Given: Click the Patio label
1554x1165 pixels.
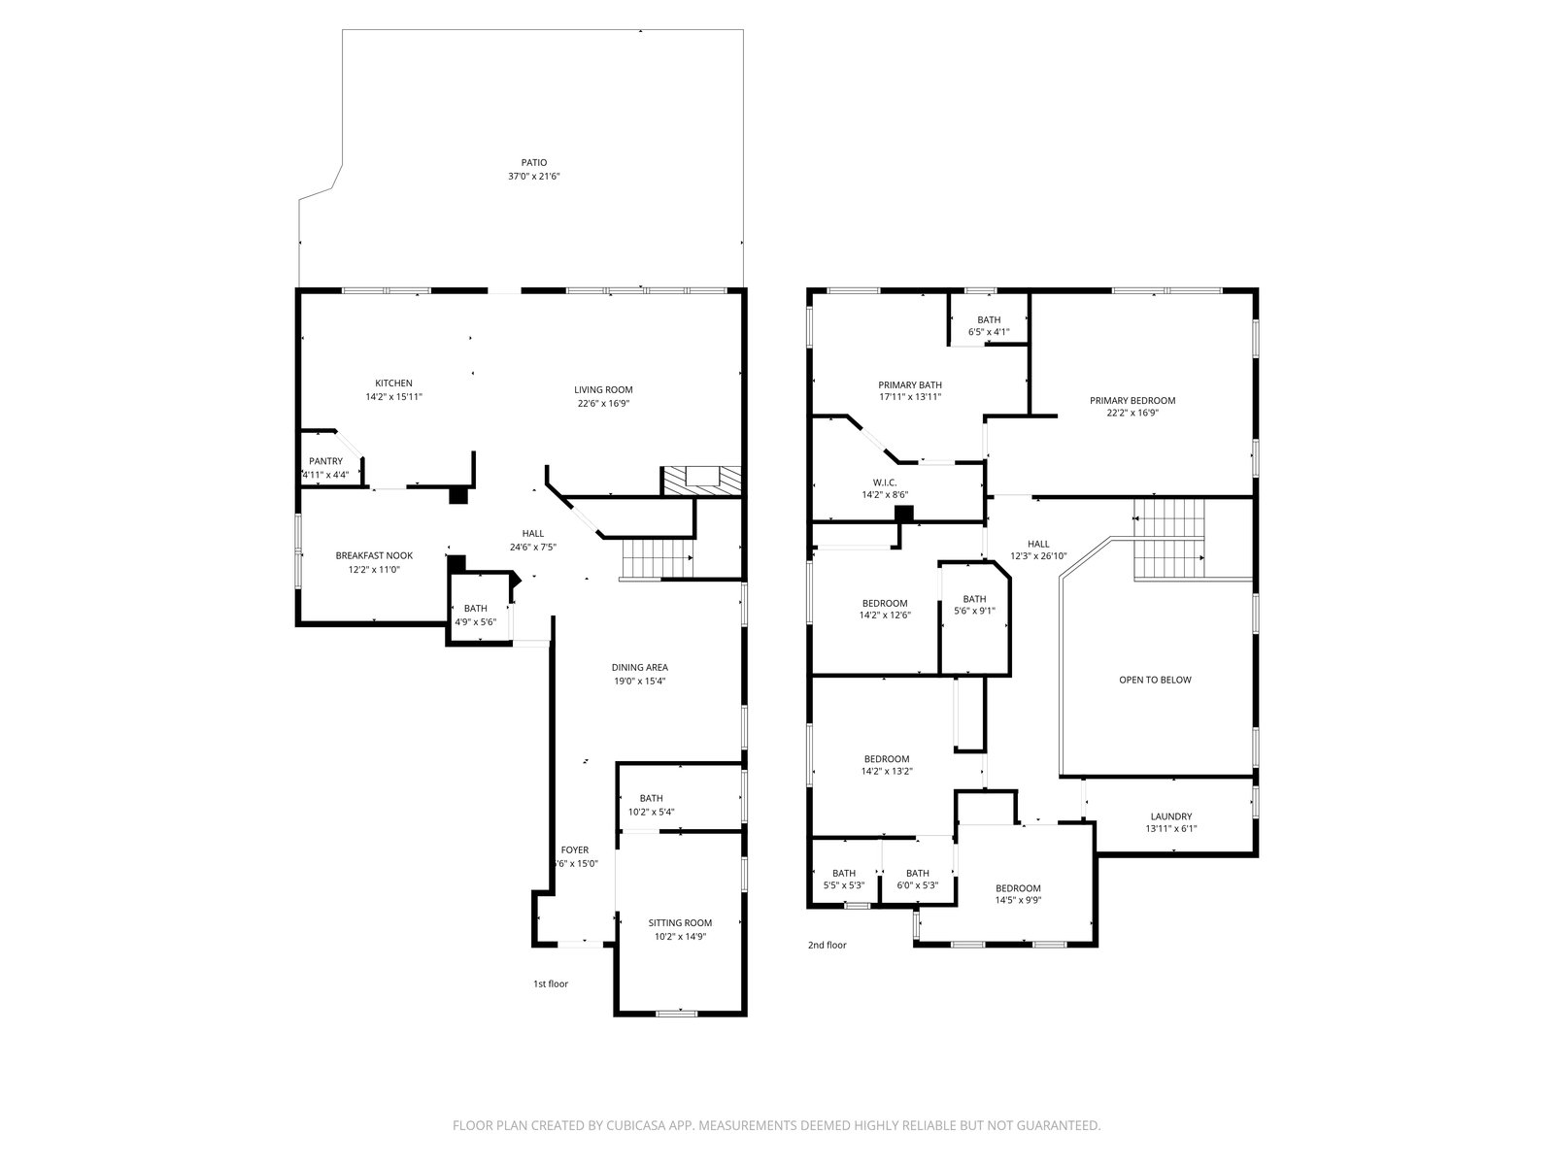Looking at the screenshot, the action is (x=534, y=163).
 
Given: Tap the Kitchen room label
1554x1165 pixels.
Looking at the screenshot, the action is (x=393, y=383).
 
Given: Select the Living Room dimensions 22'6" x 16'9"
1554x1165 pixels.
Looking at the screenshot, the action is (x=603, y=403).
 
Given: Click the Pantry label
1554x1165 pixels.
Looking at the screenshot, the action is (x=325, y=461).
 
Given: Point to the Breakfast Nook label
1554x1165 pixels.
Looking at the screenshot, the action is (x=374, y=556).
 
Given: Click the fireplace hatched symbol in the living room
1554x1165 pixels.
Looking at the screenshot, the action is (x=701, y=481).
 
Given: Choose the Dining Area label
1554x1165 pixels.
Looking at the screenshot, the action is (x=639, y=667).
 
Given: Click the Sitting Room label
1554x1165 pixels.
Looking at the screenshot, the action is (x=680, y=922).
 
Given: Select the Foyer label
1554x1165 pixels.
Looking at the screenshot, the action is (x=574, y=850).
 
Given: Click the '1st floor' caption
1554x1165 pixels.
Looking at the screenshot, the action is (x=550, y=983).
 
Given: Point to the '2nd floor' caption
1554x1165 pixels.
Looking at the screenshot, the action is (x=827, y=945).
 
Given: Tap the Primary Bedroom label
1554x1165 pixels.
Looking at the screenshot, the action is (x=1132, y=400).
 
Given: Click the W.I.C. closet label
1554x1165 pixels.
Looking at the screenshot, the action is (x=884, y=483).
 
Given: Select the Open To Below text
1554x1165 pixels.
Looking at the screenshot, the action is (x=1155, y=680).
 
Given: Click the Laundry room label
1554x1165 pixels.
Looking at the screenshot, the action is (x=1171, y=816).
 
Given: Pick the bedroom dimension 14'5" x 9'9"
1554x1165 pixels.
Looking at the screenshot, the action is (x=1018, y=901).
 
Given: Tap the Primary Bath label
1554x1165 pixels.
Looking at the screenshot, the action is (x=910, y=385).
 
